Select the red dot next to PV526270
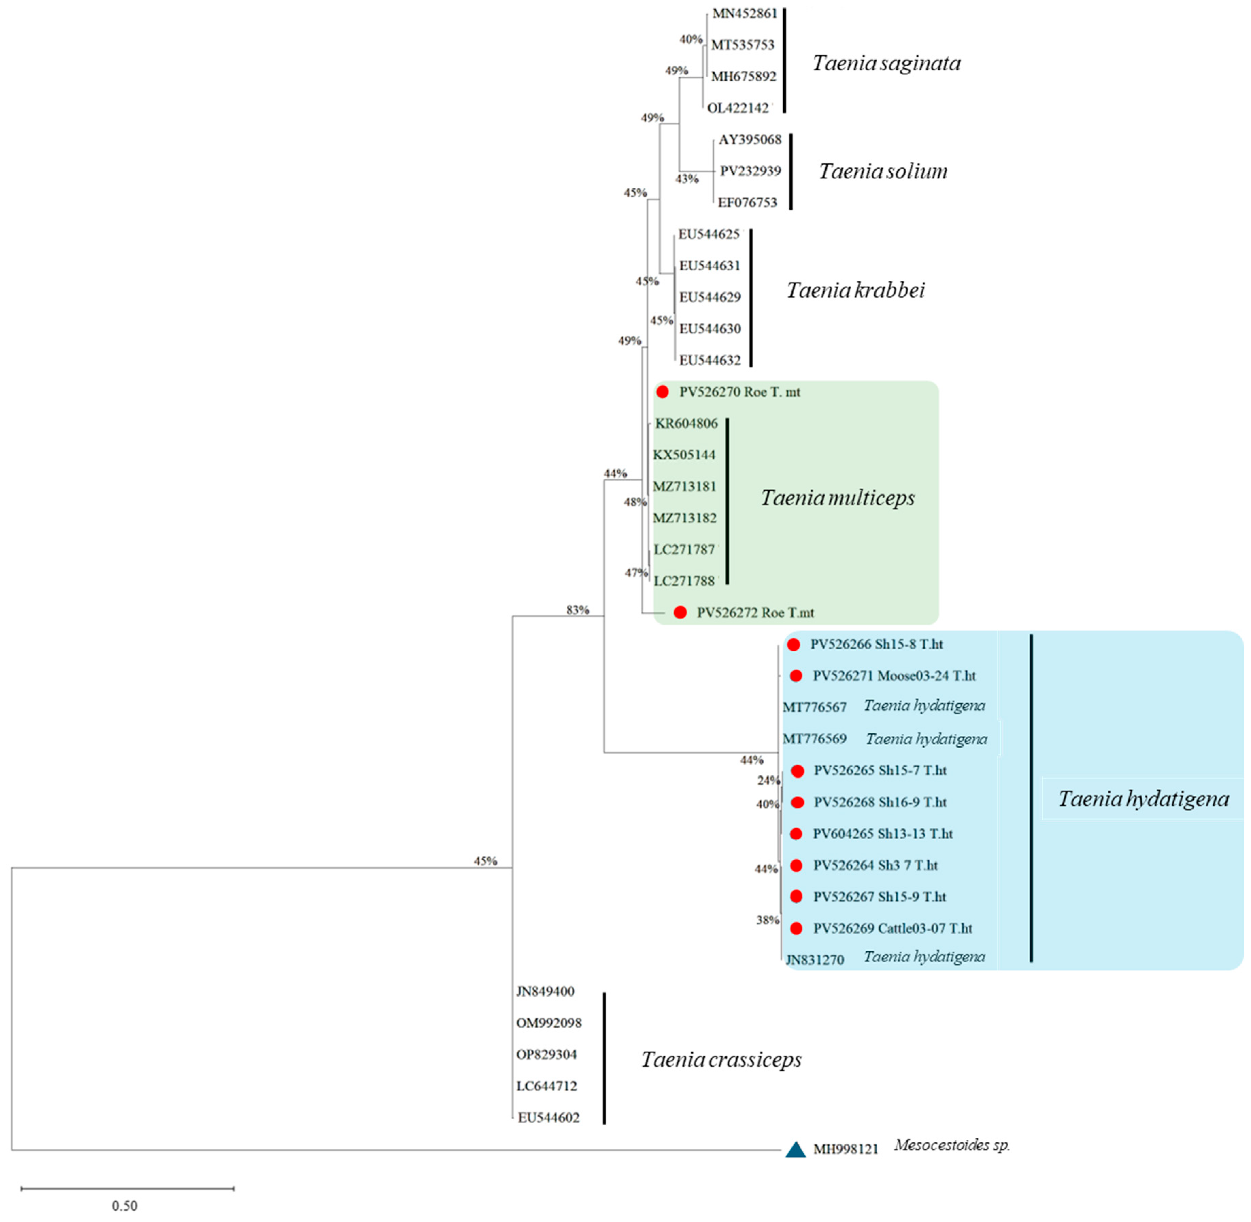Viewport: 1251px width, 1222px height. point(663,391)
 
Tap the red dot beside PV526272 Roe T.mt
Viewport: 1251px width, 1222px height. point(680,612)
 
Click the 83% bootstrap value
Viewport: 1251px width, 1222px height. point(578,610)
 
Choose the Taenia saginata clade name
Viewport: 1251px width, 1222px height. point(886,63)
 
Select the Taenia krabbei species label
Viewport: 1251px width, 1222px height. point(856,290)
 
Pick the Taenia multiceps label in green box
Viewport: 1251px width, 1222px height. point(838,498)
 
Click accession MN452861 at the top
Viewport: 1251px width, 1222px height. point(745,14)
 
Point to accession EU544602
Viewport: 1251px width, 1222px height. point(549,1117)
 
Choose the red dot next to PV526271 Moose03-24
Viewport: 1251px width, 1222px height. point(796,675)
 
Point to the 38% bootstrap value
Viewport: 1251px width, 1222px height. point(767,920)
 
